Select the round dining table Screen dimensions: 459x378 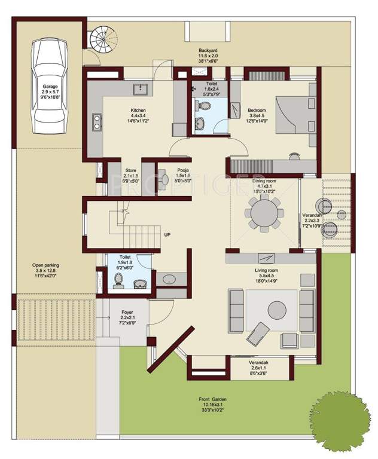264,212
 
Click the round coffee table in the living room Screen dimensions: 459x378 277,310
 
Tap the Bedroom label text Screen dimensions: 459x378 257,110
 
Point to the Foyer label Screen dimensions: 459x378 127,312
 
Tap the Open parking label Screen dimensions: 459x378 46,265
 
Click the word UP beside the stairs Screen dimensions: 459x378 167,235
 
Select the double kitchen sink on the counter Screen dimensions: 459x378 96,122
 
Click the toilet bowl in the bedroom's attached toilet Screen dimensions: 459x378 205,107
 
